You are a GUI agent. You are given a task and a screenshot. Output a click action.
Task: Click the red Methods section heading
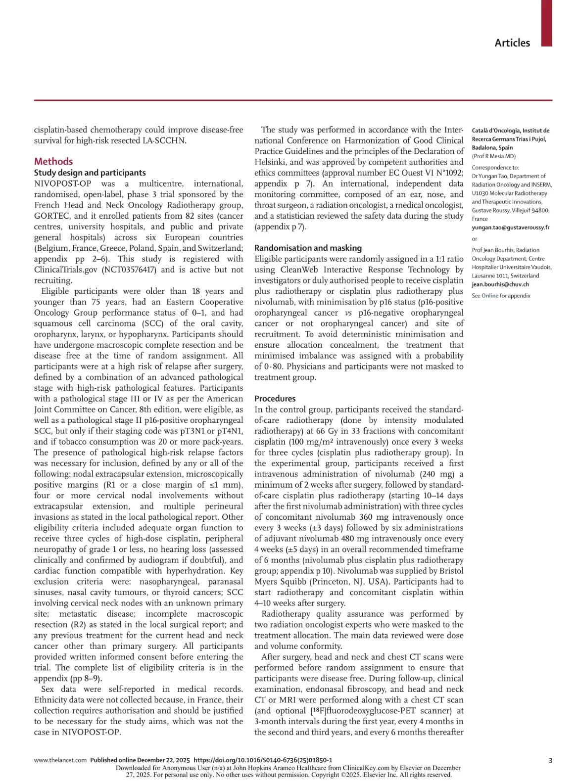pyautogui.click(x=53, y=161)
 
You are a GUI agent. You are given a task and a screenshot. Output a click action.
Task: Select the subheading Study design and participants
pyautogui.click(x=90, y=173)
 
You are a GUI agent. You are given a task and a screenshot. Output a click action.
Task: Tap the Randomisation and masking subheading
pyautogui.click(x=308, y=248)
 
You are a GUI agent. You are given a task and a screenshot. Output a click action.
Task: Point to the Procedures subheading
pyautogui.click(x=275, y=398)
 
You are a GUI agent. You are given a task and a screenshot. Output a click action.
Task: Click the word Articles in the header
pyautogui.click(x=512, y=43)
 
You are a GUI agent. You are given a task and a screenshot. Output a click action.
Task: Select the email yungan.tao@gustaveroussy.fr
pyautogui.click(x=510, y=228)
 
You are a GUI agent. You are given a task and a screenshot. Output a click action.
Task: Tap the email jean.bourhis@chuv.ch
pyautogui.click(x=500, y=284)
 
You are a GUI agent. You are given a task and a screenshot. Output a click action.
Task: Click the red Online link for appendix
pyautogui.click(x=490, y=296)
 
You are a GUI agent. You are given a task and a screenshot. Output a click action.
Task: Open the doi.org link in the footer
pyautogui.click(x=263, y=760)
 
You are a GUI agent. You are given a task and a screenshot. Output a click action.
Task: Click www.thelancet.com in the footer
pyautogui.click(x=60, y=760)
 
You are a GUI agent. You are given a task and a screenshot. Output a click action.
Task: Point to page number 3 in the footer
pyautogui.click(x=550, y=760)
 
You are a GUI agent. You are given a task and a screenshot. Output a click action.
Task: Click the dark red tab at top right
pyautogui.click(x=546, y=23)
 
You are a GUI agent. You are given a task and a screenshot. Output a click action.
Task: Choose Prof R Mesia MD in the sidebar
pyautogui.click(x=493, y=156)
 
